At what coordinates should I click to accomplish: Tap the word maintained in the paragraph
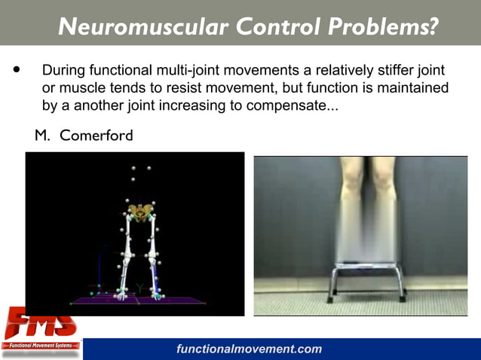(x=412, y=89)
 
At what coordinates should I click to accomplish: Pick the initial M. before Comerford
(x=42, y=136)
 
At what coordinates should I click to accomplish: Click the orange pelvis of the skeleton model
(x=139, y=212)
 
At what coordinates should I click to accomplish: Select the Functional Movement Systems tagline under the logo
(x=41, y=346)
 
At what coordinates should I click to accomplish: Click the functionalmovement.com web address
(x=249, y=349)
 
